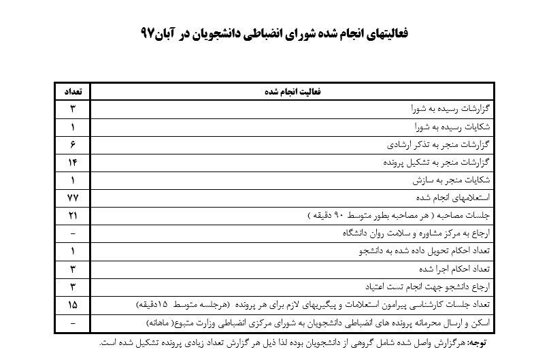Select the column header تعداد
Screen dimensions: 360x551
coord(72,91)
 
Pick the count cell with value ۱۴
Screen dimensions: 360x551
coord(72,162)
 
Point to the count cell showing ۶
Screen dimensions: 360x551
coord(72,144)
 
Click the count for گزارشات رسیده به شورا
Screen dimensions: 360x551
coord(72,109)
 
